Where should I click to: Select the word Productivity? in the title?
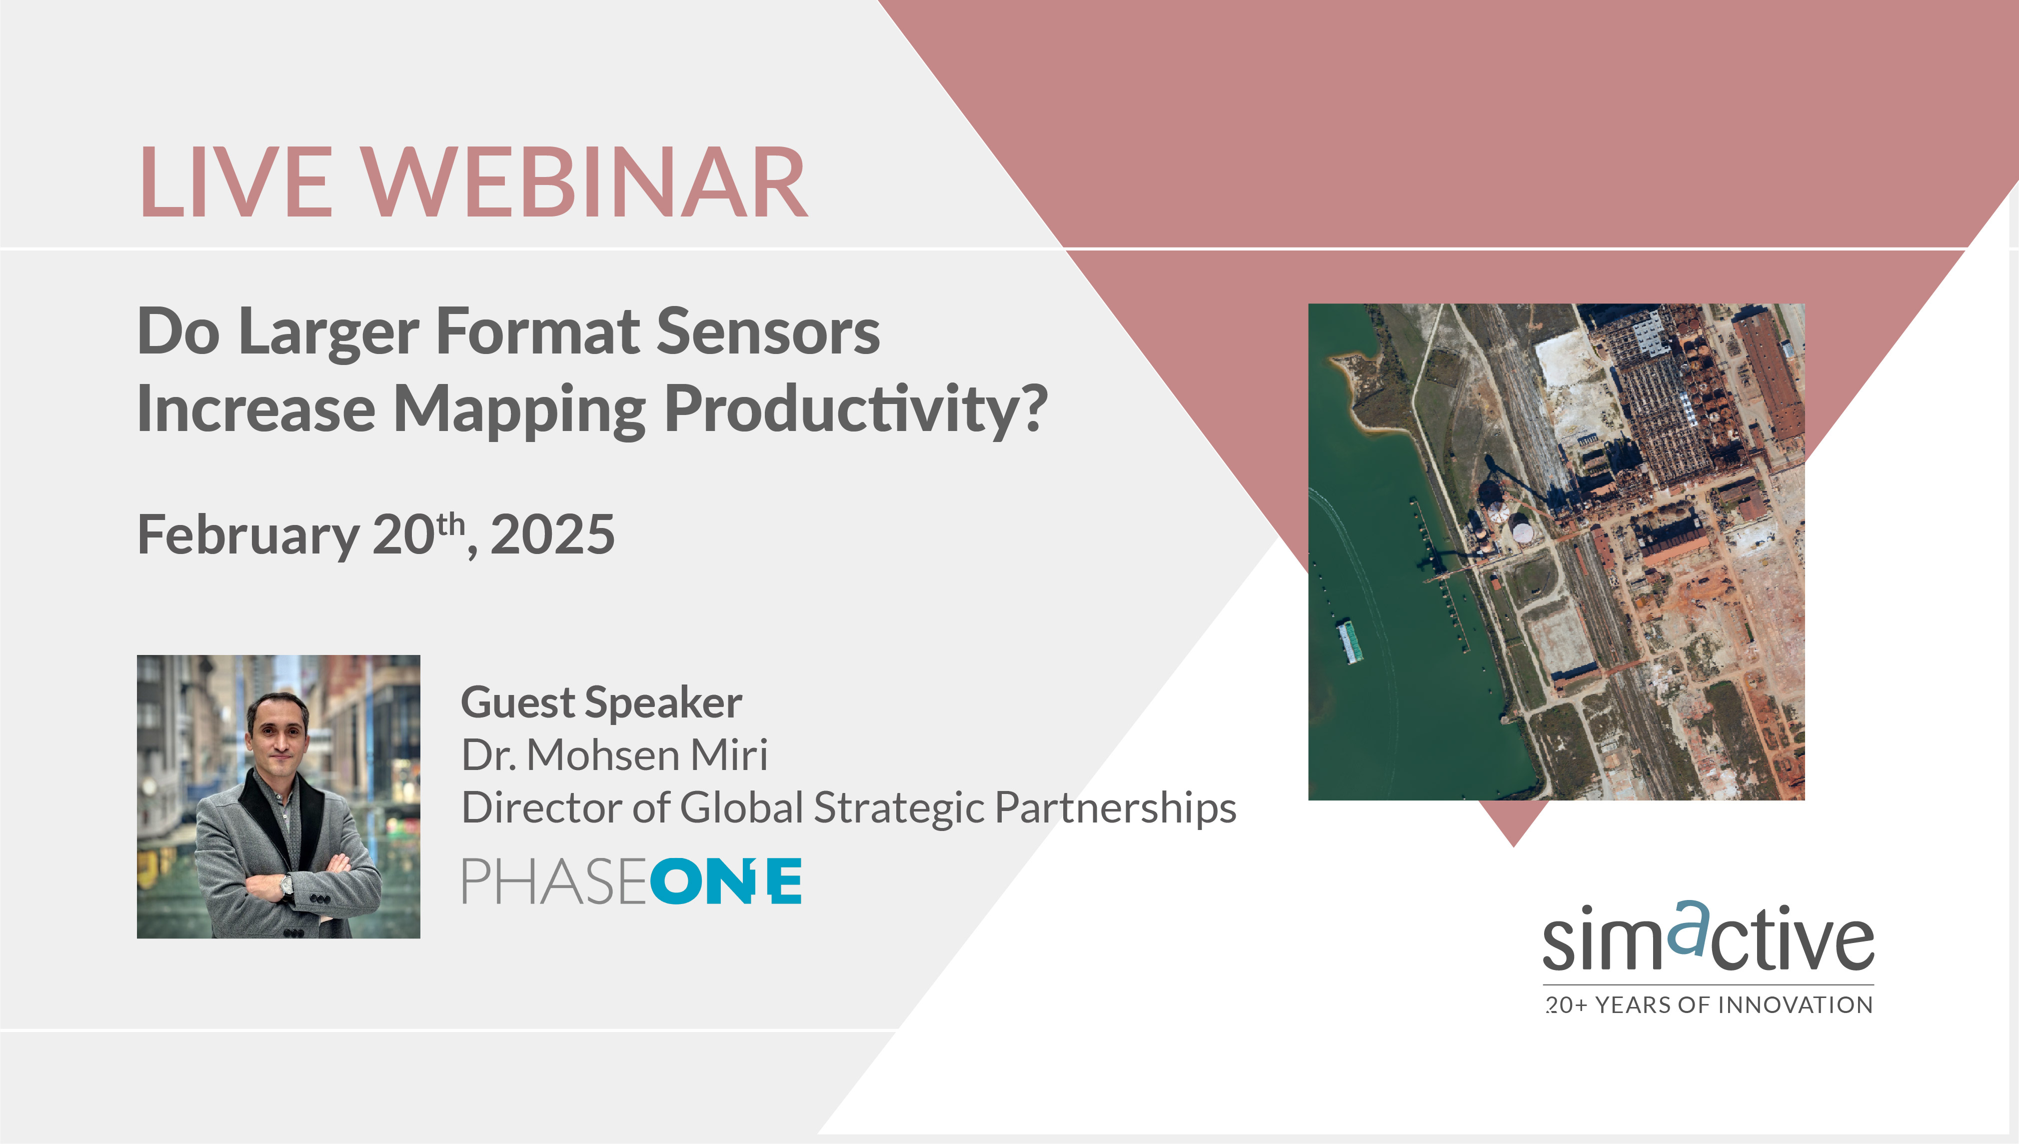(x=856, y=408)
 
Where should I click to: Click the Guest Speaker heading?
(x=601, y=701)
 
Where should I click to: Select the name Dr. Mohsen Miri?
(x=614, y=755)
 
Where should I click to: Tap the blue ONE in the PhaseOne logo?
(x=726, y=881)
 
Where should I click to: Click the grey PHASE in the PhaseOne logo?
(x=554, y=881)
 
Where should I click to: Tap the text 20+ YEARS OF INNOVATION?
(x=1709, y=1005)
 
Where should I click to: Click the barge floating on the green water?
(x=1350, y=641)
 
